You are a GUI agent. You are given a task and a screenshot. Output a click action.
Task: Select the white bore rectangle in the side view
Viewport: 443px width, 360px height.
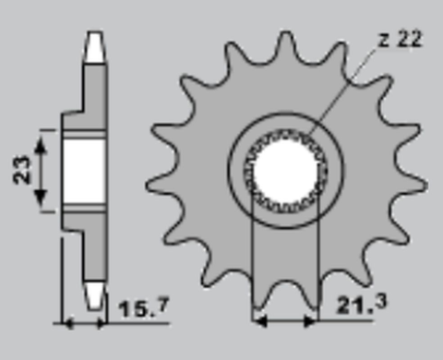tap(85, 172)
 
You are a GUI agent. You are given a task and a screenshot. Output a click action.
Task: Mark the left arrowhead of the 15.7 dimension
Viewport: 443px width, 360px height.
tap(66, 322)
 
